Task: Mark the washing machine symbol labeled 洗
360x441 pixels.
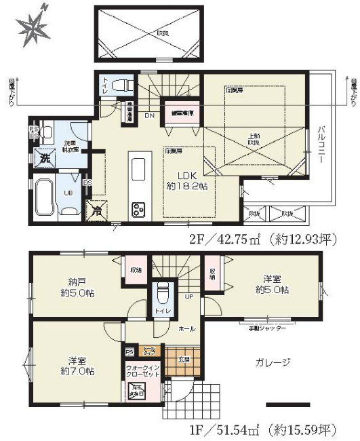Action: point(44,157)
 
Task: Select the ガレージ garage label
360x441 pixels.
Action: point(274,362)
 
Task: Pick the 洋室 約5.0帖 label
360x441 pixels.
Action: point(276,284)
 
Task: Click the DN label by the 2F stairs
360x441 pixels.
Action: point(150,115)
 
